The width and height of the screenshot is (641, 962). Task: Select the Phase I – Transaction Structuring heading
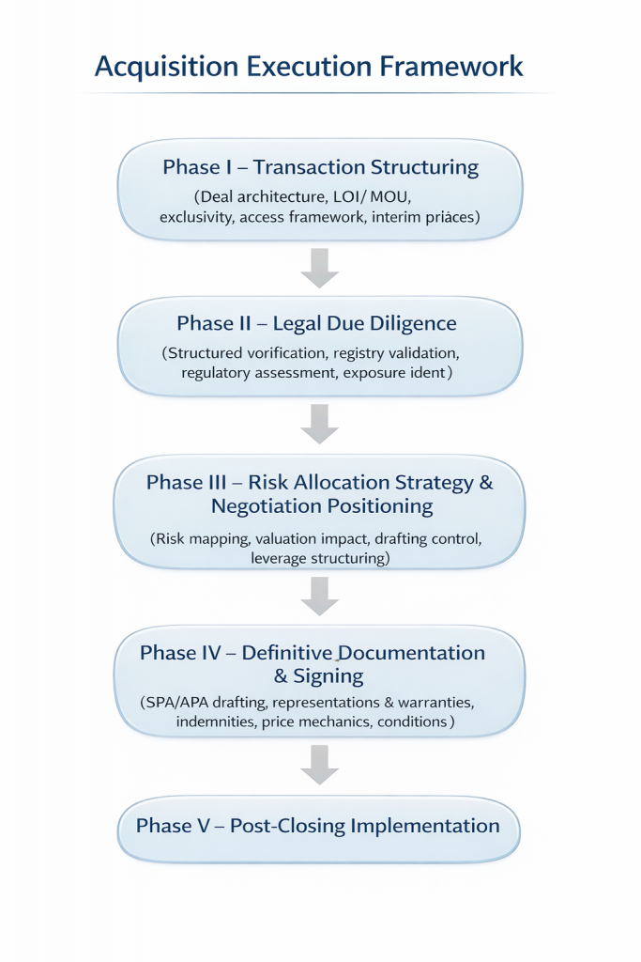pyautogui.click(x=320, y=168)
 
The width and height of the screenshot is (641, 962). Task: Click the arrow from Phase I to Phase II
pyautogui.click(x=320, y=267)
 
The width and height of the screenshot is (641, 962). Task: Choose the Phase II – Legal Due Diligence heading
pyautogui.click(x=316, y=324)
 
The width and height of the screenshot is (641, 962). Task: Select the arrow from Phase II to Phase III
pyautogui.click(x=320, y=423)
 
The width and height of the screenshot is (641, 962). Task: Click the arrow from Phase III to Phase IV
pyautogui.click(x=320, y=596)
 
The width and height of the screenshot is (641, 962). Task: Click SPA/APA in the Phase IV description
pyautogui.click(x=176, y=702)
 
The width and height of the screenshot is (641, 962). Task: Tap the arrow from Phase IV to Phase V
pyautogui.click(x=320, y=763)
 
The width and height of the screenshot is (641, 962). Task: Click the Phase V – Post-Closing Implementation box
pyautogui.click(x=318, y=827)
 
